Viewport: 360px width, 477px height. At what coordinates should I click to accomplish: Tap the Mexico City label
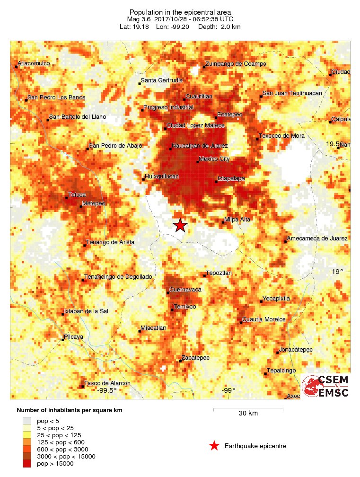214,159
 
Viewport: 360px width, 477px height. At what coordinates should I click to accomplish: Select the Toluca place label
77,194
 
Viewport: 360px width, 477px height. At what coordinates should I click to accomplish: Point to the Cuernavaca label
185,289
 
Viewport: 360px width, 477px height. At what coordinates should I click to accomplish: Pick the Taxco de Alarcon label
107,383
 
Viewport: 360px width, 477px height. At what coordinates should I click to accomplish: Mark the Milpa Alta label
237,220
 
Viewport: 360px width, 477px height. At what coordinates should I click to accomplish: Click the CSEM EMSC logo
325,386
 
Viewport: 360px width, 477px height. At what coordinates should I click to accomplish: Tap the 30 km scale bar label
248,413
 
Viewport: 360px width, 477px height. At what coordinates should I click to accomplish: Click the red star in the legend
214,446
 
